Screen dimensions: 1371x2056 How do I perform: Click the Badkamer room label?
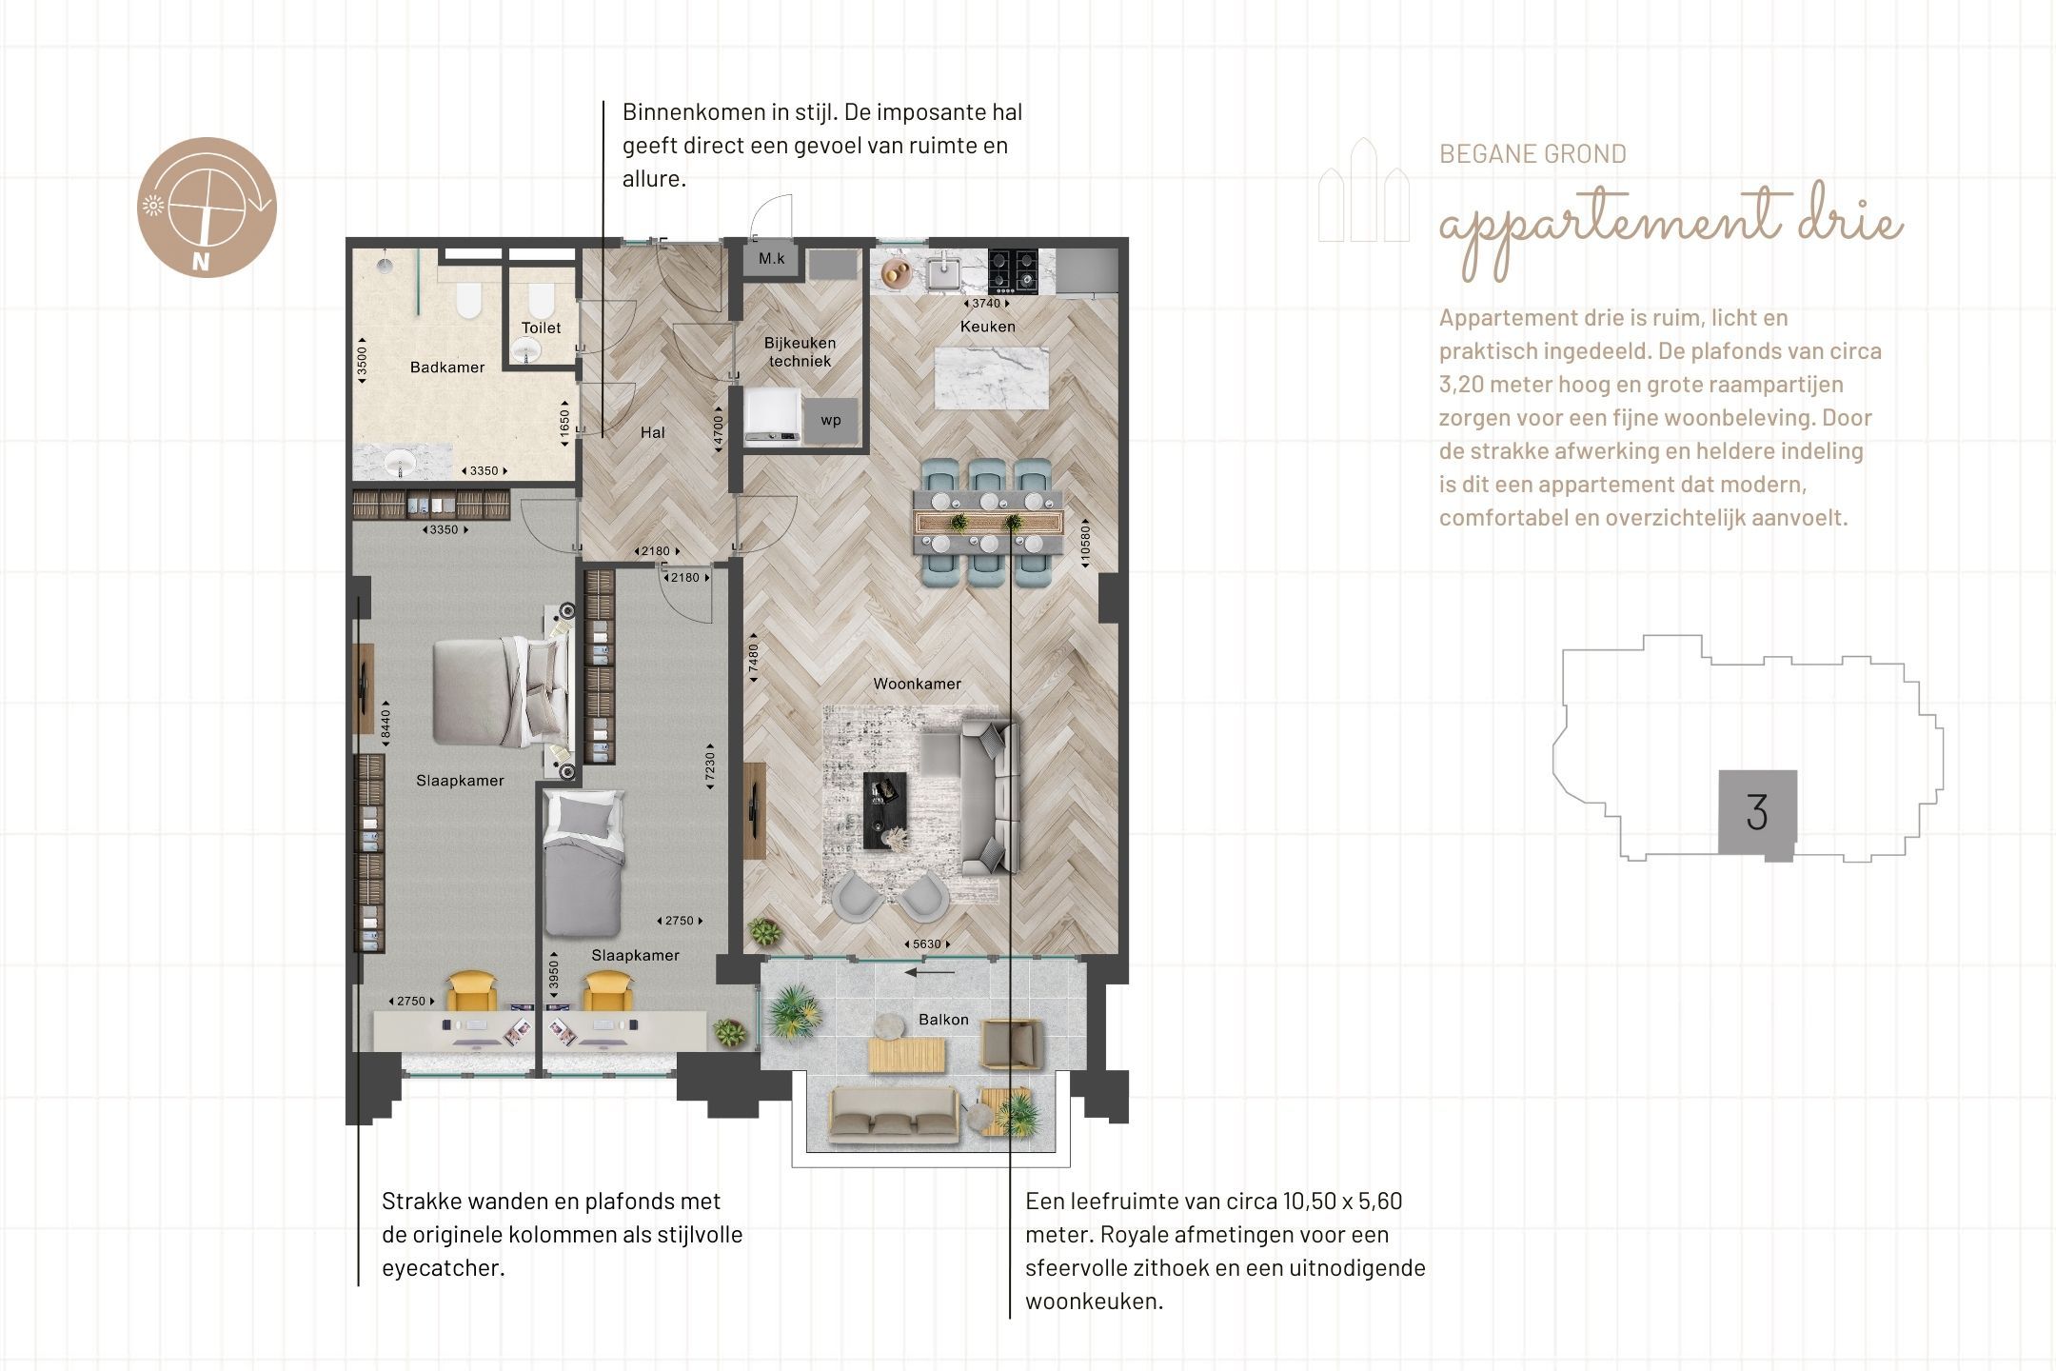click(447, 368)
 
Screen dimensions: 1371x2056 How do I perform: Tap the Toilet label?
click(541, 328)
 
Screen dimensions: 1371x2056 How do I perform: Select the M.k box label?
click(772, 259)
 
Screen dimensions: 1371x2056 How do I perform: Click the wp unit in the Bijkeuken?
click(831, 421)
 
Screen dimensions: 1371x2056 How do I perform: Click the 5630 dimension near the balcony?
click(926, 944)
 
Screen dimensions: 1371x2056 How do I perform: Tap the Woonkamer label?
click(917, 684)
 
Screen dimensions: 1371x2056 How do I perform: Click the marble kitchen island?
click(992, 378)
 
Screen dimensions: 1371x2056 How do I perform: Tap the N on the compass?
click(200, 263)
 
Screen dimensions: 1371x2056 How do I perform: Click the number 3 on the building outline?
click(1757, 812)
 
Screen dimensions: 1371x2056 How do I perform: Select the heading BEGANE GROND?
click(1532, 154)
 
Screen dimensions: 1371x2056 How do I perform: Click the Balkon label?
click(943, 1020)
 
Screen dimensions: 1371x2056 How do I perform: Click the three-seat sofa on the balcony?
click(893, 1115)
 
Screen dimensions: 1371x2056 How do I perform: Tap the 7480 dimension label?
click(753, 659)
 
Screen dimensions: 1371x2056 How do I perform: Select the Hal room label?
click(653, 432)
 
